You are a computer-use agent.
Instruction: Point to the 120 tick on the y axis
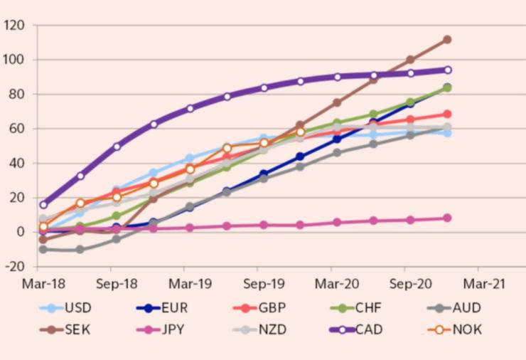click(x=14, y=26)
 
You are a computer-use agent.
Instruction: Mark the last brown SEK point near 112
click(x=447, y=39)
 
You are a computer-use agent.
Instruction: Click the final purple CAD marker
click(x=448, y=70)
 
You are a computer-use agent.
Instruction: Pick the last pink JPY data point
click(x=447, y=218)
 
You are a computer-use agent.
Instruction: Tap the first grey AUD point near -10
click(x=43, y=250)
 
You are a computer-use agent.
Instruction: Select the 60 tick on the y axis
click(x=17, y=129)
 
